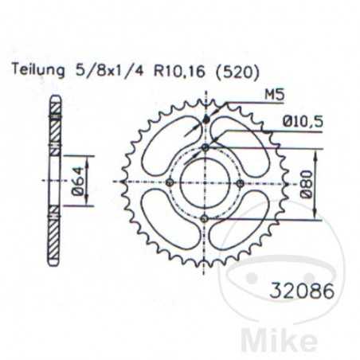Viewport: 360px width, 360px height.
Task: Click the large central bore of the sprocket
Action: [205, 183]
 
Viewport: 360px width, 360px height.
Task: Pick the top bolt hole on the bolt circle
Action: [205, 148]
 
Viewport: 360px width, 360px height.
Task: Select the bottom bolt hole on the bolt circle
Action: [205, 218]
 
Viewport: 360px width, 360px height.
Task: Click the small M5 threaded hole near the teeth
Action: [205, 119]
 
